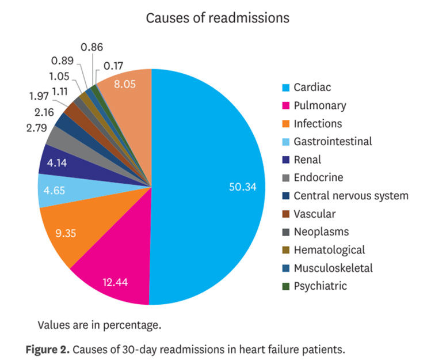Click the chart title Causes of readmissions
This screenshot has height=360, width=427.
(x=218, y=18)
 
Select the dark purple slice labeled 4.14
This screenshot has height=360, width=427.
(x=58, y=162)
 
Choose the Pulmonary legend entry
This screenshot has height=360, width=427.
(x=319, y=105)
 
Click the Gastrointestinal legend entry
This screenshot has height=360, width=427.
(x=333, y=141)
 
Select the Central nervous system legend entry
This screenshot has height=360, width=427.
(x=350, y=195)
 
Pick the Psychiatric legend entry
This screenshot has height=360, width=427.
(x=320, y=285)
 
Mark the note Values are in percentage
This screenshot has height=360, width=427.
(x=99, y=325)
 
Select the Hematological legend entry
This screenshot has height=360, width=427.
(x=329, y=249)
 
